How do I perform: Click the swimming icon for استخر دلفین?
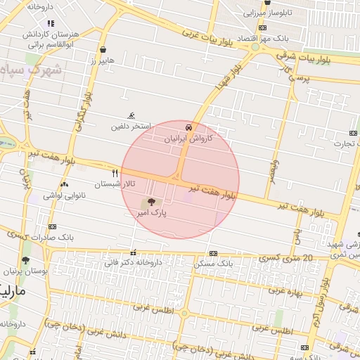click(x=131, y=116)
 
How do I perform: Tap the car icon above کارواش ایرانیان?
click(x=188, y=127)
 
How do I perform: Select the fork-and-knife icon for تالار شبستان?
click(x=115, y=172)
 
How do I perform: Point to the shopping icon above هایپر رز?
click(x=104, y=50)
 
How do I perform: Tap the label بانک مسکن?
click(x=212, y=263)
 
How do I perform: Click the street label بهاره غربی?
click(x=285, y=289)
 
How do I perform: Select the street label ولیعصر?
click(x=269, y=169)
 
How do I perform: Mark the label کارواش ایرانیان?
click(x=188, y=139)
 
